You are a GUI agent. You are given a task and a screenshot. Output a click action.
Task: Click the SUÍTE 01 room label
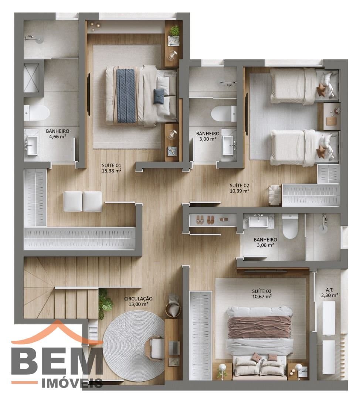click(112, 166)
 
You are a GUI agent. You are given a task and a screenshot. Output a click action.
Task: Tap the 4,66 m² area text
click(58, 136)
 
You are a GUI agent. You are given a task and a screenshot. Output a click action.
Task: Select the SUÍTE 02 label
click(239, 185)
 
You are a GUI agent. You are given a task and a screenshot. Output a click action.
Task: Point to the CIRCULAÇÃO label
click(138, 299)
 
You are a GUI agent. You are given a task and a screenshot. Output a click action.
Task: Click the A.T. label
click(329, 290)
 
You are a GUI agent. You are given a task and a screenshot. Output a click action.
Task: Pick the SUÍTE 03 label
click(262, 291)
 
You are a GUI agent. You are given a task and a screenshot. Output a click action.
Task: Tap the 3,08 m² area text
click(265, 245)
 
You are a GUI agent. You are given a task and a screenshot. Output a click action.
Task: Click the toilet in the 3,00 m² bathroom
click(224, 113)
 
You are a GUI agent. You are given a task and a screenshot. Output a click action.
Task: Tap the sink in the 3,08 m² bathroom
click(258, 221)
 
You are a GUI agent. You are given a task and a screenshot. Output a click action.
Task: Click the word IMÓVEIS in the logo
click(72, 384)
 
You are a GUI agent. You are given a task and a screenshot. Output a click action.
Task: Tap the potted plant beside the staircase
click(105, 303)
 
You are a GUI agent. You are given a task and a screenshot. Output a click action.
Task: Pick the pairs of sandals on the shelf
click(205, 219)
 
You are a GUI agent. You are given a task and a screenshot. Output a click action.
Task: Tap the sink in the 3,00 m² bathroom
click(228, 145)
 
